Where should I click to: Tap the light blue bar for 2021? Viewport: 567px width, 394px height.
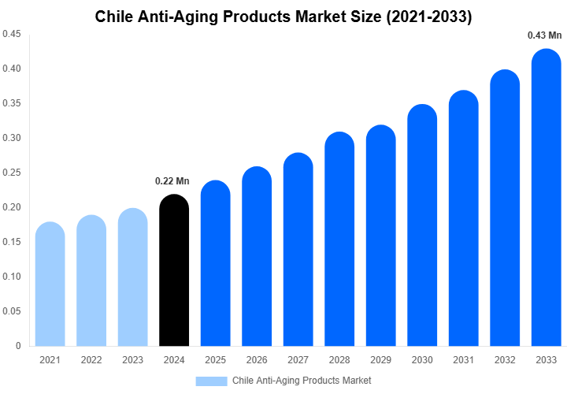50,284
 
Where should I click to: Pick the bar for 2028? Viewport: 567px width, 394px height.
339,240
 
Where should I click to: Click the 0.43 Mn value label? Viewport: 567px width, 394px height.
544,35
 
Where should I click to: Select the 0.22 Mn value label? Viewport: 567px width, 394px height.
172,181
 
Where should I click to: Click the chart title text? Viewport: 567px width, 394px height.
283,17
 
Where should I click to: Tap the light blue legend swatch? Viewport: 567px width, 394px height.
211,381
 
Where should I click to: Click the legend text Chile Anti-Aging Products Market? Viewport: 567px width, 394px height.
302,381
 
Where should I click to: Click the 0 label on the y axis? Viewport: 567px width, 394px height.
18,346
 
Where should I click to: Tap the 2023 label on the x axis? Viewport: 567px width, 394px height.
133,360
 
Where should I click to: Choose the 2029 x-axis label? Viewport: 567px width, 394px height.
381,360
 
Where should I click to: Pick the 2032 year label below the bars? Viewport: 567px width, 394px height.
505,360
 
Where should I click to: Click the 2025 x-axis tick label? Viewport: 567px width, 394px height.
216,360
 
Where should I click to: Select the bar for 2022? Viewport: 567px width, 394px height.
91,281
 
